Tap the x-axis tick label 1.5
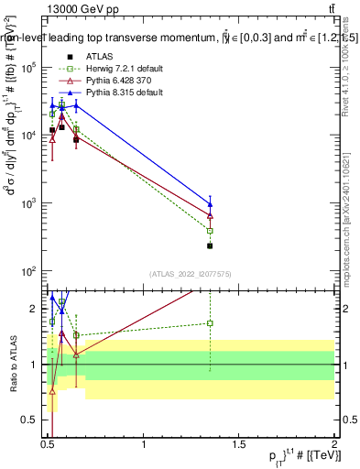coord(238,444)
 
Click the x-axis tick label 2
coord(333,444)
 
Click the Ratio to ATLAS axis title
coord(12,364)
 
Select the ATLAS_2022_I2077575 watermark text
coord(191,274)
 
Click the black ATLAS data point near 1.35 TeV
coord(210,245)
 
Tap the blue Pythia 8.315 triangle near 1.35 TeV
coord(210,204)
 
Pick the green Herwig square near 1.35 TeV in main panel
coord(210,231)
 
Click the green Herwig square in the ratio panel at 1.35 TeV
coord(210,322)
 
